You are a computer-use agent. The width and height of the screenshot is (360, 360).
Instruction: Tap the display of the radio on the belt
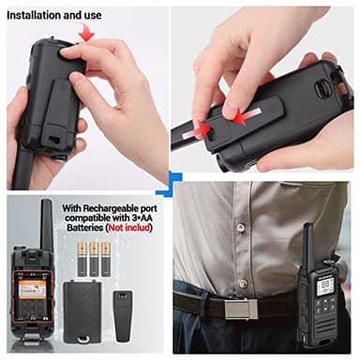[323, 284]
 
